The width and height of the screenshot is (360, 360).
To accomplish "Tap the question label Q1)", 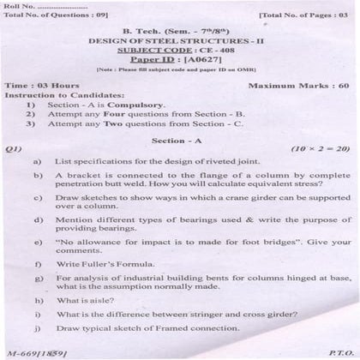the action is (x=13, y=149).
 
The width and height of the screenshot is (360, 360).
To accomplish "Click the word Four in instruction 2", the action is (x=116, y=113).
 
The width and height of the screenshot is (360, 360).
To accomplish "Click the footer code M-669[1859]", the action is (x=36, y=352).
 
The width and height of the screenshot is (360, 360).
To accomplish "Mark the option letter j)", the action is (x=37, y=328).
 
